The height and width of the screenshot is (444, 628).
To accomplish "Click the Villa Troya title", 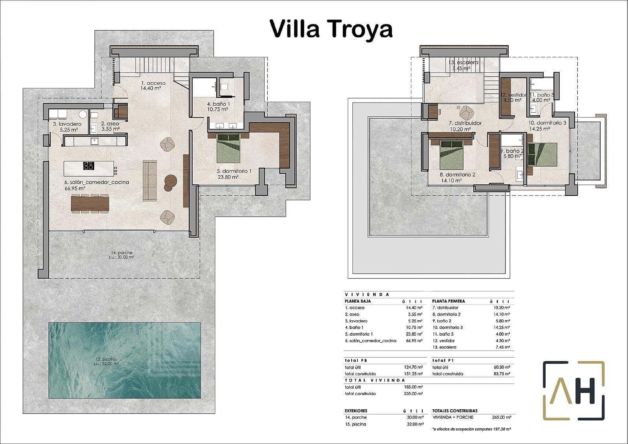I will [331, 29].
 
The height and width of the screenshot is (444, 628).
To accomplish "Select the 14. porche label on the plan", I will [121, 255].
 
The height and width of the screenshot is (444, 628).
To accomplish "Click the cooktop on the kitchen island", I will [89, 166].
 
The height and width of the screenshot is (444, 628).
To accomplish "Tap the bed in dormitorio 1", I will [228, 149].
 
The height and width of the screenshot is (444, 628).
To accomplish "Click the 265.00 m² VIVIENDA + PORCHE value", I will [501, 417].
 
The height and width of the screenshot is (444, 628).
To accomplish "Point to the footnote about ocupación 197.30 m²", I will [471, 429].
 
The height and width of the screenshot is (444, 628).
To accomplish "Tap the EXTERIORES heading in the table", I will [356, 411].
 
